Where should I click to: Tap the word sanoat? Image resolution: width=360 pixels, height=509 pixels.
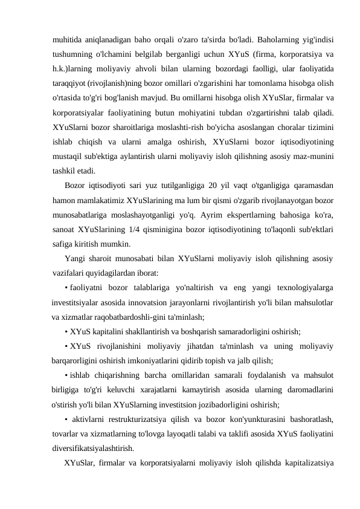[65, 226]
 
